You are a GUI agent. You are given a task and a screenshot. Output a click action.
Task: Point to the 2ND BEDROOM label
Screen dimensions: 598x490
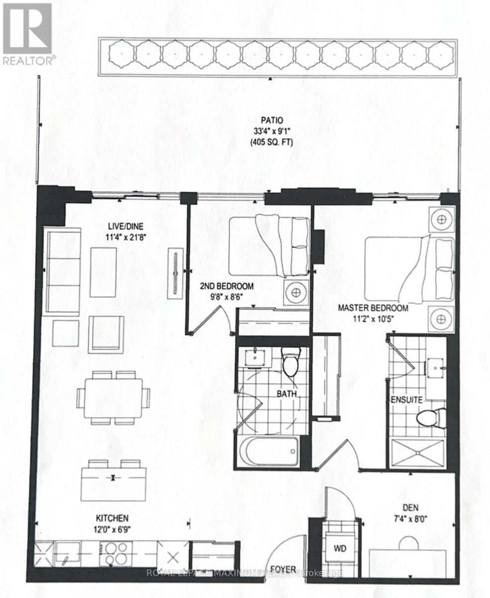coord(227,286)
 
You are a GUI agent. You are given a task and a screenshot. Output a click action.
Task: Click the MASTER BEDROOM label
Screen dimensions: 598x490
coord(372,308)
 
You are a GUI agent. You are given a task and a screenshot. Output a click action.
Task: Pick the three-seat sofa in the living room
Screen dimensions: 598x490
coord(63,272)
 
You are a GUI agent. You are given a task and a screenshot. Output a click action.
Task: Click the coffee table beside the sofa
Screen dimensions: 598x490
coord(104,271)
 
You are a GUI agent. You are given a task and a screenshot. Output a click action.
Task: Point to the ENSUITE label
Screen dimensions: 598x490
coord(406,399)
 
